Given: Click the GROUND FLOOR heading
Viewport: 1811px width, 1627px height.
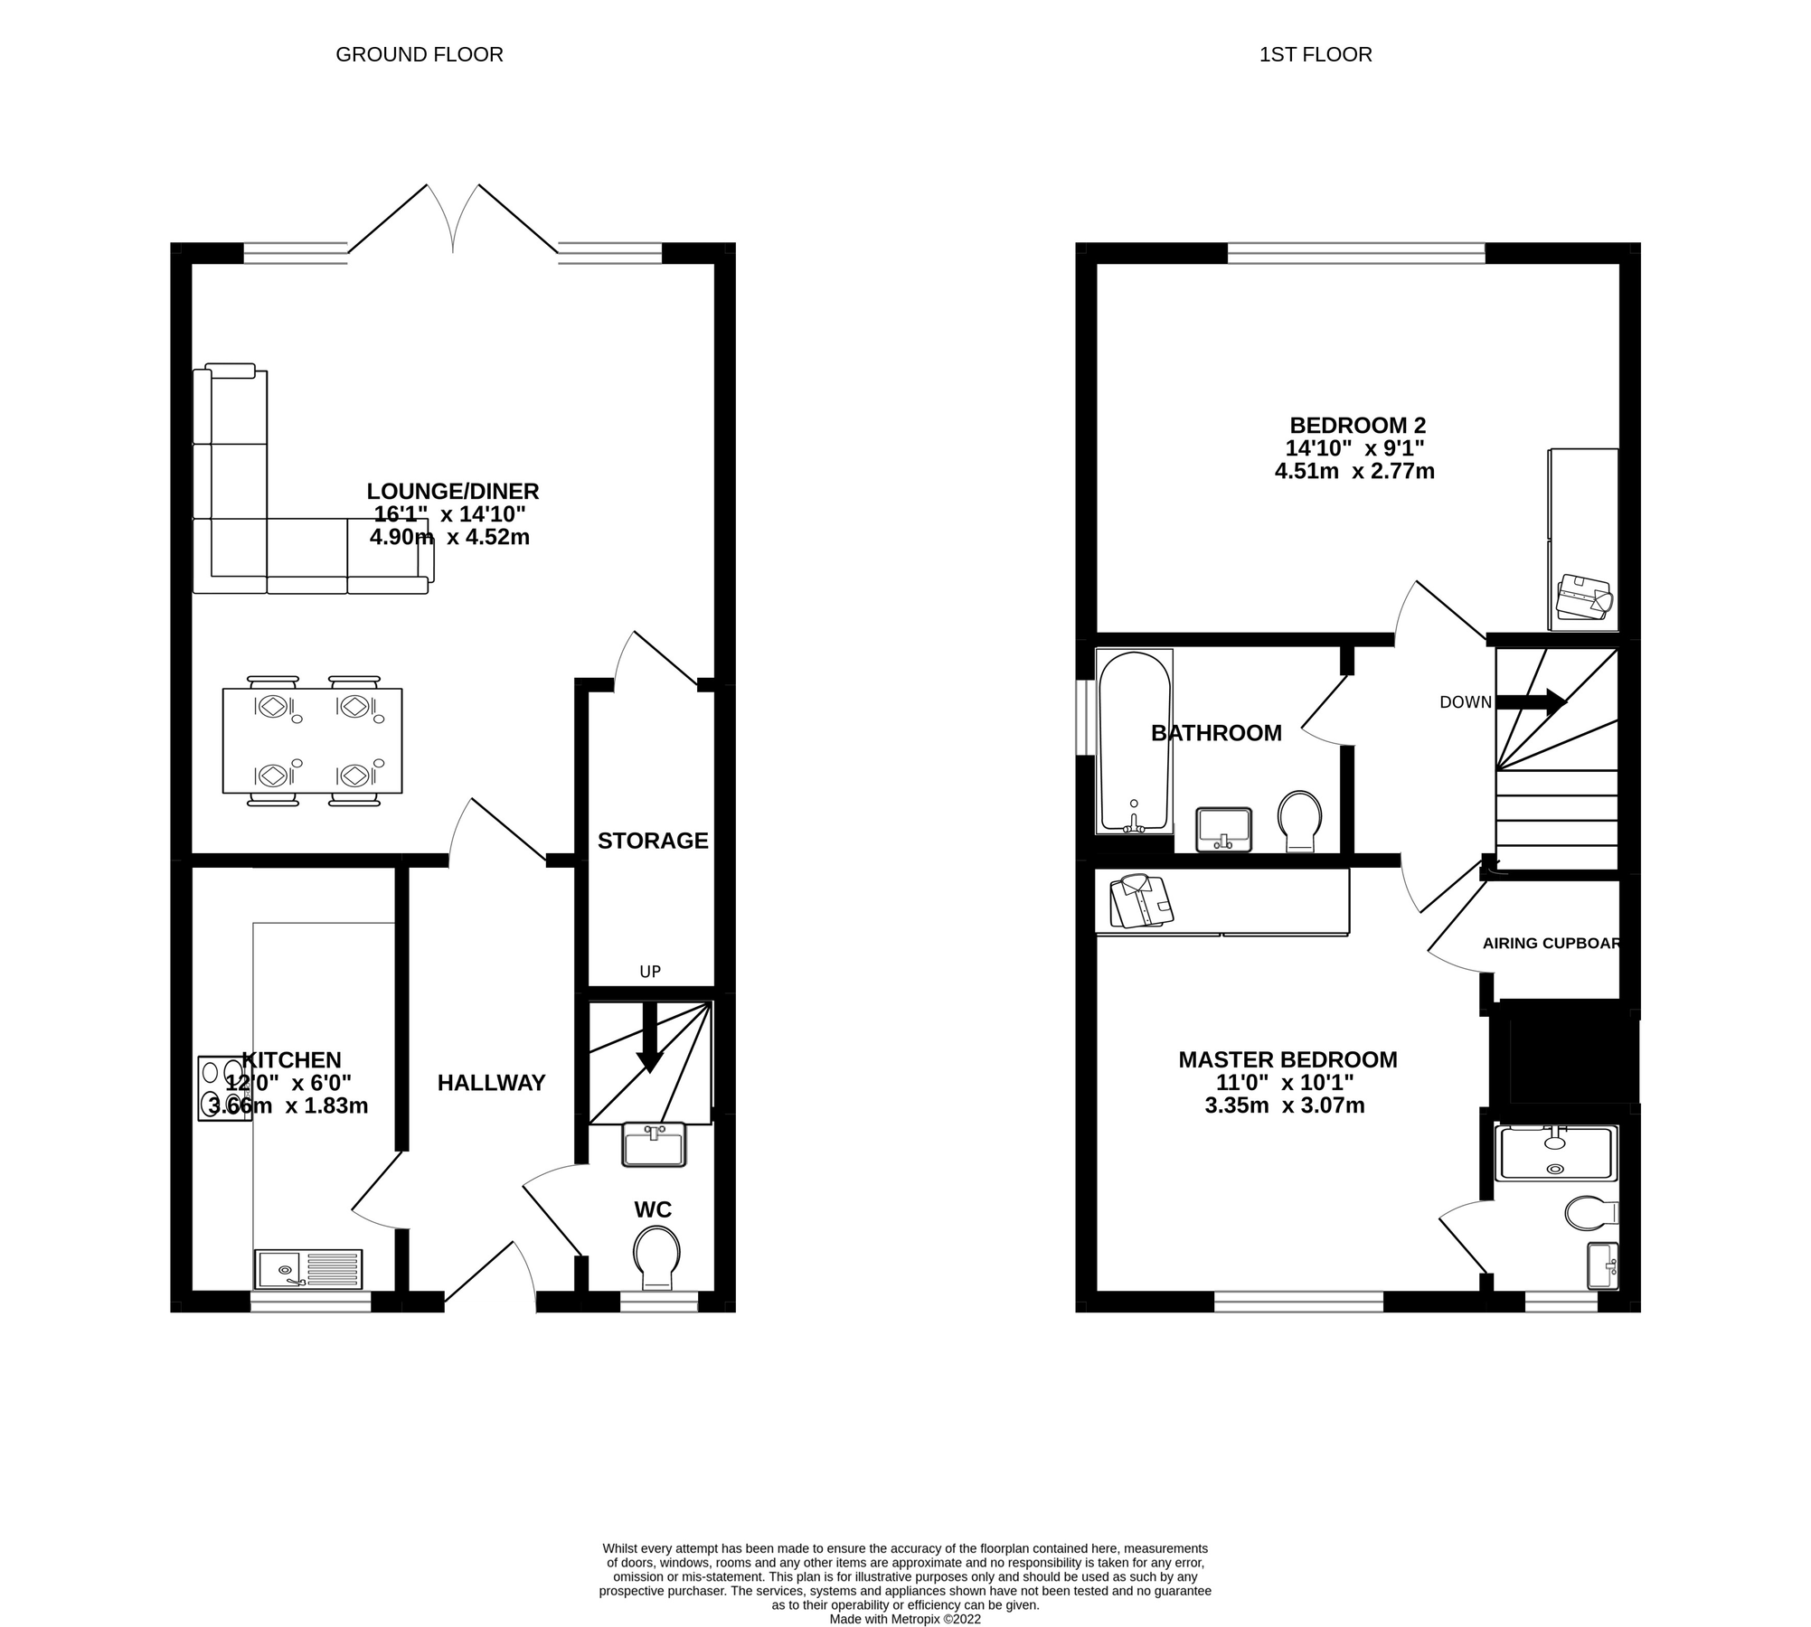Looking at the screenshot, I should pyautogui.click(x=419, y=55).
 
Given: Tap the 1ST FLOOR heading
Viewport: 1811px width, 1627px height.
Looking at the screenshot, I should pyautogui.click(x=1315, y=55).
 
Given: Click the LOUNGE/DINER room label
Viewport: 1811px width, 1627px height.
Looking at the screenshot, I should pyautogui.click(x=452, y=492).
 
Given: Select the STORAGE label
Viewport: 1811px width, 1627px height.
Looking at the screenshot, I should pyautogui.click(x=652, y=841).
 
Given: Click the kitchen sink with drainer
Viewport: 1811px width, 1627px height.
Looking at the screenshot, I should pyautogui.click(x=308, y=1269).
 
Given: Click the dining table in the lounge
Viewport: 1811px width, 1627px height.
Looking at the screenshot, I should pyautogui.click(x=312, y=740).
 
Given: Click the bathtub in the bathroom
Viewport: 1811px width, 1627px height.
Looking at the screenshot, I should pyautogui.click(x=1134, y=741).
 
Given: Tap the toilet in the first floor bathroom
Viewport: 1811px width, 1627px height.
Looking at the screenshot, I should pyautogui.click(x=1300, y=821).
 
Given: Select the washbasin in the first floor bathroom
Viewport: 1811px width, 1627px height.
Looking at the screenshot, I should pyautogui.click(x=1223, y=829).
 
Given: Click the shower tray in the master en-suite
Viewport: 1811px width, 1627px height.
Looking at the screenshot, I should pyautogui.click(x=1555, y=1152).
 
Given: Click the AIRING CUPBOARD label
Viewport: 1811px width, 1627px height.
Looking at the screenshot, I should pyautogui.click(x=1552, y=944).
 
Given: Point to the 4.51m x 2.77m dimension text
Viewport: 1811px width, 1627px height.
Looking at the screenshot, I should pyautogui.click(x=1354, y=471).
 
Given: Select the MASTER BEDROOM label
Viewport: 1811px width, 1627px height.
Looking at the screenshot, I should pyautogui.click(x=1287, y=1059).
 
